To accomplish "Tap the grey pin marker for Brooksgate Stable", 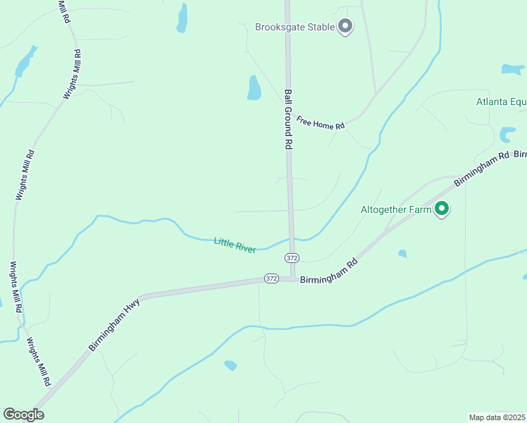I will coord(345,27).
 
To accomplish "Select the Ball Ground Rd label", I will coord(288,118).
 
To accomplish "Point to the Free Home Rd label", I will coord(320,123).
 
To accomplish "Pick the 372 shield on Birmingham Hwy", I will coord(271,278).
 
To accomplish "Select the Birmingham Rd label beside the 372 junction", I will coord(330,271).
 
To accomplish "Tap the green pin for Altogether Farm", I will coord(442,209).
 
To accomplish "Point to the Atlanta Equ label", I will coord(501,102).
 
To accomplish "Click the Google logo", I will coord(23,415).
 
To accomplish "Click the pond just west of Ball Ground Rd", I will coord(254,87).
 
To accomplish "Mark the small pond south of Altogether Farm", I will coord(402,253).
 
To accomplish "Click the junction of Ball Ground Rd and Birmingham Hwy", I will coord(291,278).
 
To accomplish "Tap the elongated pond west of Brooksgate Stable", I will coord(182,18).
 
